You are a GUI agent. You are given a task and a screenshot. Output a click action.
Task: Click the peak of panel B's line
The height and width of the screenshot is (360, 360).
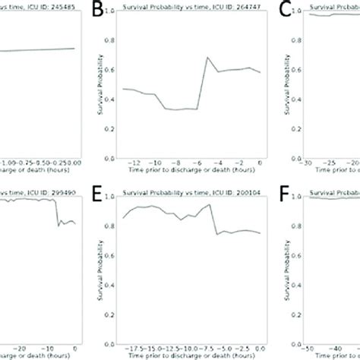(207, 58)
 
